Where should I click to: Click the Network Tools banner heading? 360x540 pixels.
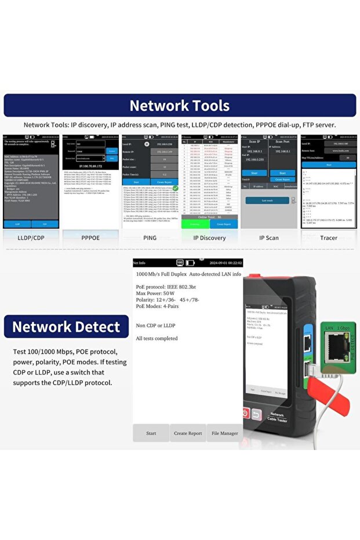tap(180, 106)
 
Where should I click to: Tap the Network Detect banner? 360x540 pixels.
tap(66, 327)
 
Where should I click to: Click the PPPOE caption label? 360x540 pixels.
tap(90, 238)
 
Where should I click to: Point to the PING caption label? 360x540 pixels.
tap(150, 238)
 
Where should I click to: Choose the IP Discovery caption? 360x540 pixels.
tap(209, 238)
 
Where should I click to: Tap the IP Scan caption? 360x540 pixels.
tap(269, 238)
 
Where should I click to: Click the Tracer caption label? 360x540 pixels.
tap(328, 238)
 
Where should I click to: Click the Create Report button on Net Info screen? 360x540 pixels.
tap(188, 433)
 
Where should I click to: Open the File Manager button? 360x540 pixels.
tap(224, 433)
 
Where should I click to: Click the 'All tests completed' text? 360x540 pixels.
tap(157, 338)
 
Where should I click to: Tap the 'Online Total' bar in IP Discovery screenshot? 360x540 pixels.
tap(209, 216)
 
